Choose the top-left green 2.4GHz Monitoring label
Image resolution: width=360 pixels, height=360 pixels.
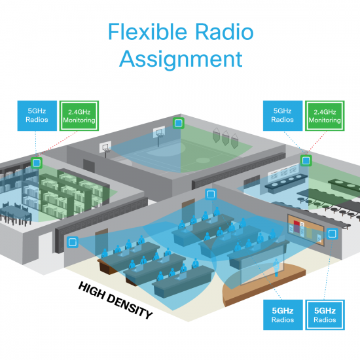point(79,115)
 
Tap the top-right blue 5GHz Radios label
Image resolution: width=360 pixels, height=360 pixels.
point(283,115)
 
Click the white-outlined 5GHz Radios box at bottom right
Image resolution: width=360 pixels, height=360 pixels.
point(325,315)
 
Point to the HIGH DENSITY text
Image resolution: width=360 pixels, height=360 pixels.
point(115,300)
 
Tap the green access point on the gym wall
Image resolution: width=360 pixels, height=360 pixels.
point(176,122)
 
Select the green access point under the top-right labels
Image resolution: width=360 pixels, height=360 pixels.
point(305,160)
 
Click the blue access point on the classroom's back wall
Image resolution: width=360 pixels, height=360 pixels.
point(210,194)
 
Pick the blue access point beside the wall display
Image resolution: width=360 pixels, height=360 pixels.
point(331,233)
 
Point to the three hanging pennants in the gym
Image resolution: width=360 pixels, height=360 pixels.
point(225,137)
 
